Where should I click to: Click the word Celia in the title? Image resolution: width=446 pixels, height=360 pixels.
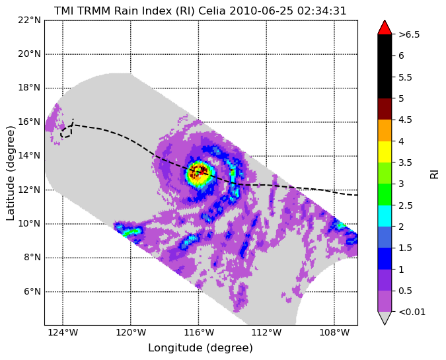(211, 11)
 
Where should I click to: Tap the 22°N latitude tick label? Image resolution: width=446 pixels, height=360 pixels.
(30, 20)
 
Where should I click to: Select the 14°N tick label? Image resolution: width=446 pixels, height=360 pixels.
(30, 156)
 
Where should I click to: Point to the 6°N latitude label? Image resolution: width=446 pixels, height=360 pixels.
(32, 291)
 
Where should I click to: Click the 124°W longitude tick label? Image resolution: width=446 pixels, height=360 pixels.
(63, 332)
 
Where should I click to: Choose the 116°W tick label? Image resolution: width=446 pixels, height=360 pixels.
(198, 332)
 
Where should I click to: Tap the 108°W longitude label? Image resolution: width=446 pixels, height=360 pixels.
(334, 332)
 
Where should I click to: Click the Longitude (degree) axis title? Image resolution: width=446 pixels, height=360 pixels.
(200, 347)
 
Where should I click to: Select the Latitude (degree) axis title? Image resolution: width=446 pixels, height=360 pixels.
(10, 173)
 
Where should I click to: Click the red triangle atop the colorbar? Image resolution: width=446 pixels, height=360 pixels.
(385, 28)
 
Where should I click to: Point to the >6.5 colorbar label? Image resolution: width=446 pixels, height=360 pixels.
(409, 34)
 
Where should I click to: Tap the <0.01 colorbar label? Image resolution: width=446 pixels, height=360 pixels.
(412, 312)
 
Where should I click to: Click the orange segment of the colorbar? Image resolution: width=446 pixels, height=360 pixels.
(385, 131)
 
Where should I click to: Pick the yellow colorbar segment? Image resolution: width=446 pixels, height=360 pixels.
(385, 152)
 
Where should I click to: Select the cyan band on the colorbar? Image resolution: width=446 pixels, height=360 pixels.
(385, 216)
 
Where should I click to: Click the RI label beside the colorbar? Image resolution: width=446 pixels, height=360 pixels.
(434, 173)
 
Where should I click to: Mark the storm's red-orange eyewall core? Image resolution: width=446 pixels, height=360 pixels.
(198, 172)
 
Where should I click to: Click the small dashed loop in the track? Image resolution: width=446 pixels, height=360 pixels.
(66, 132)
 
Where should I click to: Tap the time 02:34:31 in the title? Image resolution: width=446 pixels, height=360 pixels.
(322, 11)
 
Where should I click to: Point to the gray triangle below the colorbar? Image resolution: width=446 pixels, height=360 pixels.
(385, 317)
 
